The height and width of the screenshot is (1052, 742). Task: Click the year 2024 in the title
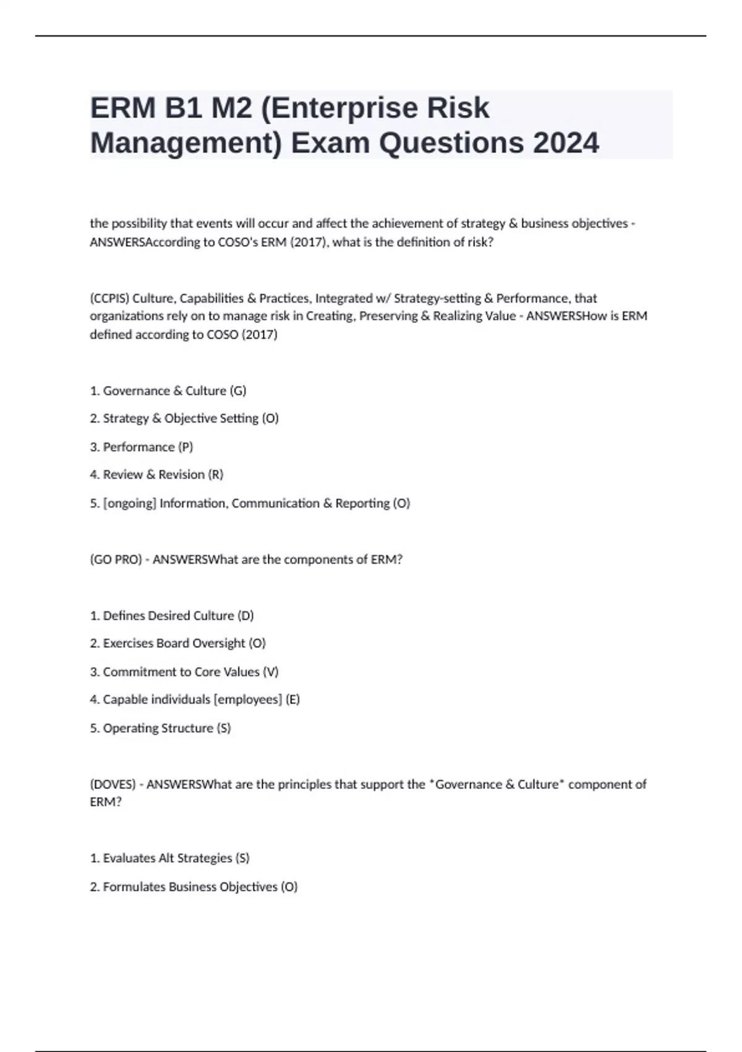pos(565,143)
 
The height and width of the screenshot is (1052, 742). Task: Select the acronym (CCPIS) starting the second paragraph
pos(109,298)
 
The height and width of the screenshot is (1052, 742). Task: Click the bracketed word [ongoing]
pos(130,503)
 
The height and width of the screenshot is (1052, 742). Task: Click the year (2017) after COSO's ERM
pos(307,243)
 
